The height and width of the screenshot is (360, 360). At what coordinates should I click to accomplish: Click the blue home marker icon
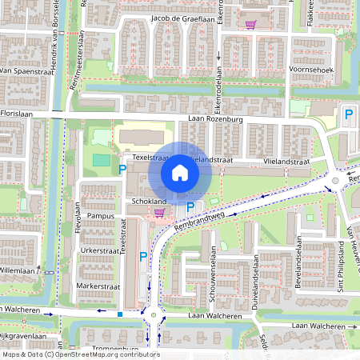click(179, 173)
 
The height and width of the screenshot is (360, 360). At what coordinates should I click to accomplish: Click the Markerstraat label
click(98, 286)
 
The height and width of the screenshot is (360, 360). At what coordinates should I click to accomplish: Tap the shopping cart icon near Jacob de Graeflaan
click(250, 23)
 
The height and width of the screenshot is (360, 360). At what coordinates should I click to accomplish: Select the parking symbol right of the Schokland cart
click(190, 208)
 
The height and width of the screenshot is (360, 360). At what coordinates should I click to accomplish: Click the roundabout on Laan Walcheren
click(153, 315)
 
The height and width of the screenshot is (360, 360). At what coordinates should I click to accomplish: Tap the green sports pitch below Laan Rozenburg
click(102, 160)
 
